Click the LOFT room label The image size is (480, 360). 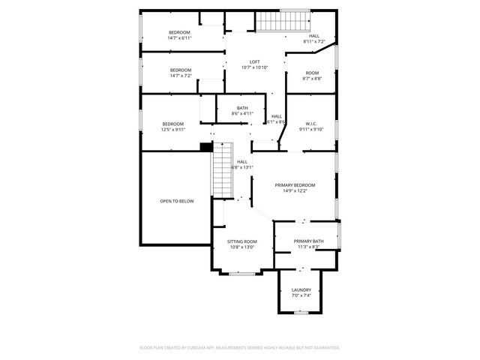click(x=255, y=61)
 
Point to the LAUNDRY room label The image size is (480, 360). click(x=301, y=289)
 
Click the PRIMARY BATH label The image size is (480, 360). click(x=308, y=241)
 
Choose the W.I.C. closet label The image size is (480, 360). click(x=311, y=123)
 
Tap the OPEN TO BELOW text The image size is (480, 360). click(x=176, y=201)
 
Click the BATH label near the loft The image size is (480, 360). click(x=242, y=108)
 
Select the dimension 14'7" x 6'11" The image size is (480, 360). click(x=180, y=37)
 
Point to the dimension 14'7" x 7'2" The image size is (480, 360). click(x=181, y=76)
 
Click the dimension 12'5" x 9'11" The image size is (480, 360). click(x=172, y=129)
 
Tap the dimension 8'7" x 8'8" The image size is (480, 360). click(x=312, y=78)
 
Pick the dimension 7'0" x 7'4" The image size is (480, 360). click(x=301, y=295)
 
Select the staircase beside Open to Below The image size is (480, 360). click(x=222, y=169)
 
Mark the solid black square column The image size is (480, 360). click(x=205, y=146)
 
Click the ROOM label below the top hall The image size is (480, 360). click(x=312, y=73)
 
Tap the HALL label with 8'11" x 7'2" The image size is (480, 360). click(x=314, y=35)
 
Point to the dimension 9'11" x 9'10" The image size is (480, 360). click(x=311, y=129)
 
